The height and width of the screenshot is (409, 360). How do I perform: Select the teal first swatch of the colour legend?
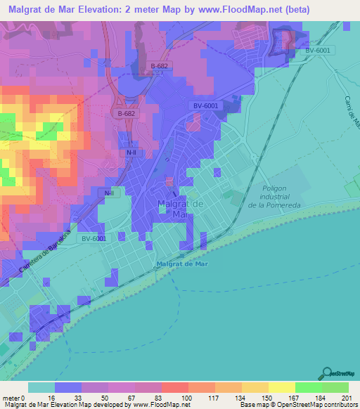click(x=41, y=387)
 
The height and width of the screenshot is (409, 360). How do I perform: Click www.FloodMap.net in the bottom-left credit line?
click(x=153, y=404)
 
